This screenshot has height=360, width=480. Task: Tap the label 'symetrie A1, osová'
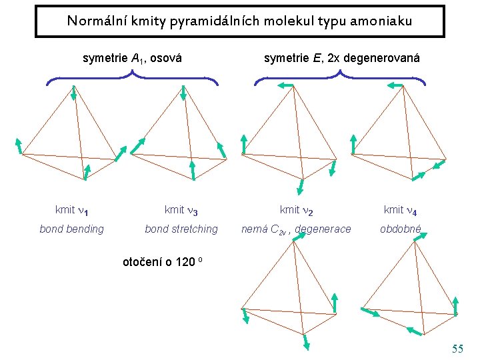[x=133, y=59]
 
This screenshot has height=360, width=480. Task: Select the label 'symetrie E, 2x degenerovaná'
[x=342, y=59]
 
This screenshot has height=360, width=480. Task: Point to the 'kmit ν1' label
[x=72, y=210]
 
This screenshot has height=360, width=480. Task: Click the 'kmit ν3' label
[x=181, y=210]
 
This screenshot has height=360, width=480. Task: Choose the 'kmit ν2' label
[x=297, y=210]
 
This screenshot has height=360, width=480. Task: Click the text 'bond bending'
[x=72, y=229]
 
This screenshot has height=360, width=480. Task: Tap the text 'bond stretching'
[x=181, y=229]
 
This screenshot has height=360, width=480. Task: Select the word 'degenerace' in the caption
[x=323, y=229]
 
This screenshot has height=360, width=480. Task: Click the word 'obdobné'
[x=401, y=229]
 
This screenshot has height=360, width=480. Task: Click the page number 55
[x=457, y=349]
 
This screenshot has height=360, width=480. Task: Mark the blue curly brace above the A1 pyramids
[x=133, y=79]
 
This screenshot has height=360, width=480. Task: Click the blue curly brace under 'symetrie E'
[x=341, y=79]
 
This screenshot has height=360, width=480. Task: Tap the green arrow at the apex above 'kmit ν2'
[x=287, y=85]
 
